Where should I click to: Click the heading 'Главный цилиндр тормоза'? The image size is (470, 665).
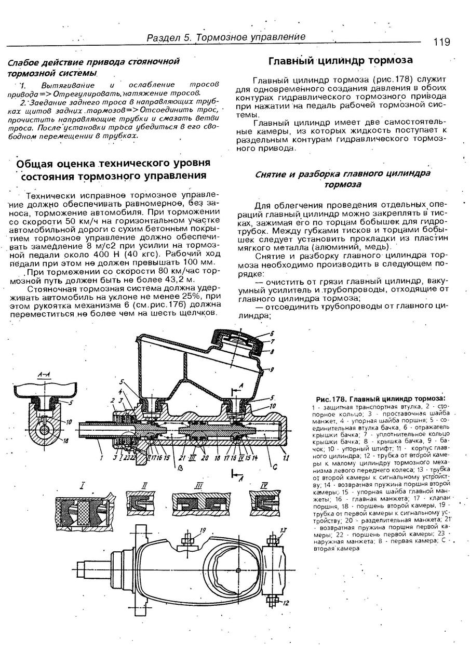tap(340, 61)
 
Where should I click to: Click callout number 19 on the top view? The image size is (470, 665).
tap(203, 530)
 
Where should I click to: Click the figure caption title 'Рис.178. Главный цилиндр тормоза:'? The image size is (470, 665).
tap(381, 398)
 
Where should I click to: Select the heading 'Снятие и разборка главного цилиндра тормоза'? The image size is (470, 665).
tap(343, 179)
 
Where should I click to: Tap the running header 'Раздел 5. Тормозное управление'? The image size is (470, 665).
tap(226, 37)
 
